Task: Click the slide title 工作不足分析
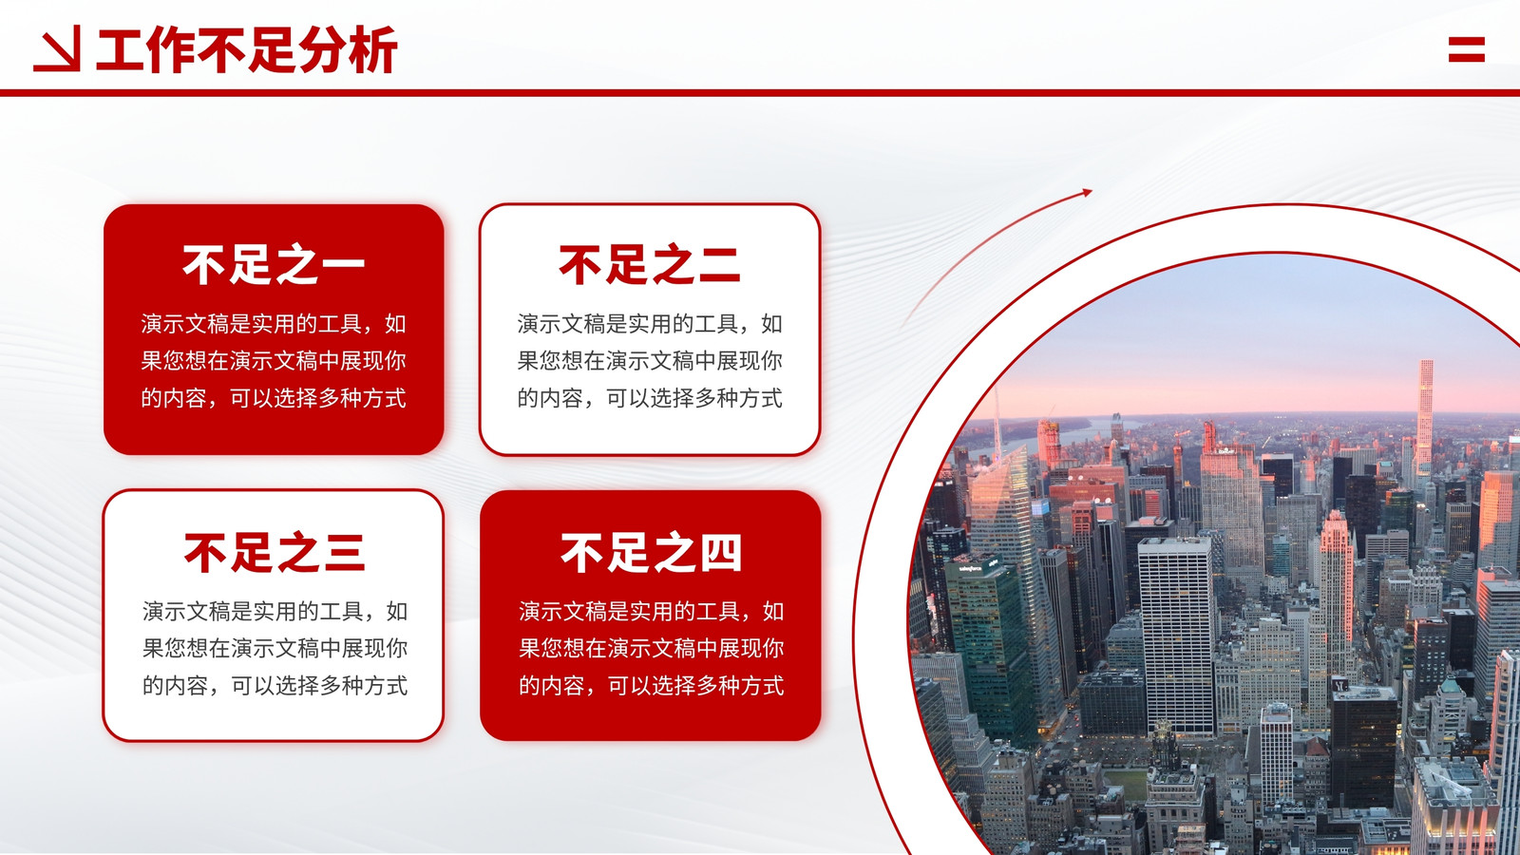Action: tap(247, 49)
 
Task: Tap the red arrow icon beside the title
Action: tap(57, 48)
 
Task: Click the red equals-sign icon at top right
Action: tap(1467, 49)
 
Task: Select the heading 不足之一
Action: tap(274, 265)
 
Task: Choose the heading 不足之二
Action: tap(650, 265)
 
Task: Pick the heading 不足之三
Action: tap(275, 553)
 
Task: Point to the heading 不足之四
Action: tap(651, 553)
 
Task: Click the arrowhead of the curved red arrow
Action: tap(1087, 193)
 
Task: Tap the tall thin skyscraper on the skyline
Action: tap(1425, 414)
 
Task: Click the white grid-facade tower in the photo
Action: tap(1177, 635)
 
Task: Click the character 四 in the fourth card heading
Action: tap(720, 553)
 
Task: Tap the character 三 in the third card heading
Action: tap(344, 553)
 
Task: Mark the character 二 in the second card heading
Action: tap(719, 265)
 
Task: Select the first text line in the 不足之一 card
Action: tap(274, 324)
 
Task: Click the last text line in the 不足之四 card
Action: tap(652, 685)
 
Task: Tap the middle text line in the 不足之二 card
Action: tap(650, 360)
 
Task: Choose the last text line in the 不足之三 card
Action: tap(275, 685)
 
